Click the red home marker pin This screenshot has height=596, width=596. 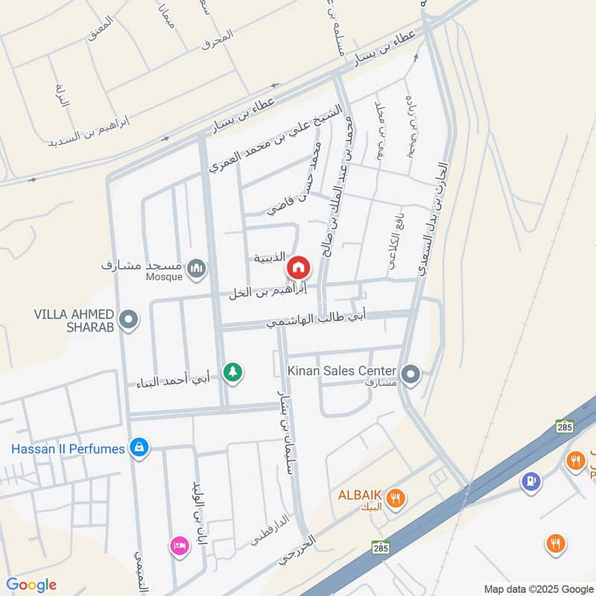pos(298,266)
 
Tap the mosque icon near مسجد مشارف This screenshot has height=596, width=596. pos(197,267)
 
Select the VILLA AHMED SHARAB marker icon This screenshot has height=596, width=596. pos(130,320)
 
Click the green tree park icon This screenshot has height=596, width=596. pos(234,370)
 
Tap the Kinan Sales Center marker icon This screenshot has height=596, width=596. pos(410,375)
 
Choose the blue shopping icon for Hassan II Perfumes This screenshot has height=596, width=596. pos(138,448)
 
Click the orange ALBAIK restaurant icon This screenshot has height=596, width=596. pos(396,498)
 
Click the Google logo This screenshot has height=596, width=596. pos(31,585)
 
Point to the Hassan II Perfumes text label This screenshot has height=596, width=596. pos(68,448)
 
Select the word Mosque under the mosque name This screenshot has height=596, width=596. pos(164,277)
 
